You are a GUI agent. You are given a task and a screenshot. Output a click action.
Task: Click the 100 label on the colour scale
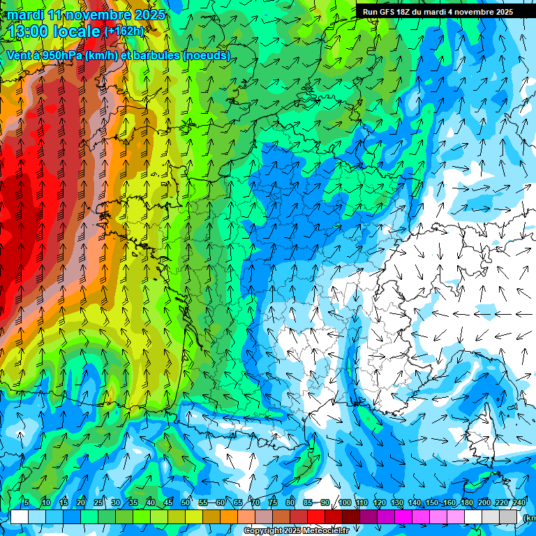pyautogui.click(x=345, y=502)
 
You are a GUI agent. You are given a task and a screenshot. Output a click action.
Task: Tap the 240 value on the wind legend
pyautogui.click(x=519, y=502)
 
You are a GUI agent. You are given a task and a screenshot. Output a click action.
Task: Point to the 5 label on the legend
pyautogui.click(x=26, y=502)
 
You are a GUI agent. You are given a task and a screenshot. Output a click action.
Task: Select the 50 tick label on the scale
pyautogui.click(x=186, y=502)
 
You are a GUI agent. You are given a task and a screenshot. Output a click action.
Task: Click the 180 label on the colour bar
pyautogui.click(x=466, y=502)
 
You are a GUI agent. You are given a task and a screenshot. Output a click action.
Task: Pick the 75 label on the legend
pyautogui.click(x=273, y=502)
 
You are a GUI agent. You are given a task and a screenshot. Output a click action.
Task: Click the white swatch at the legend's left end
pyautogui.click(x=20, y=516)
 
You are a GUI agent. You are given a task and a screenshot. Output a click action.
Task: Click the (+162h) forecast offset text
pyautogui.click(x=124, y=31)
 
